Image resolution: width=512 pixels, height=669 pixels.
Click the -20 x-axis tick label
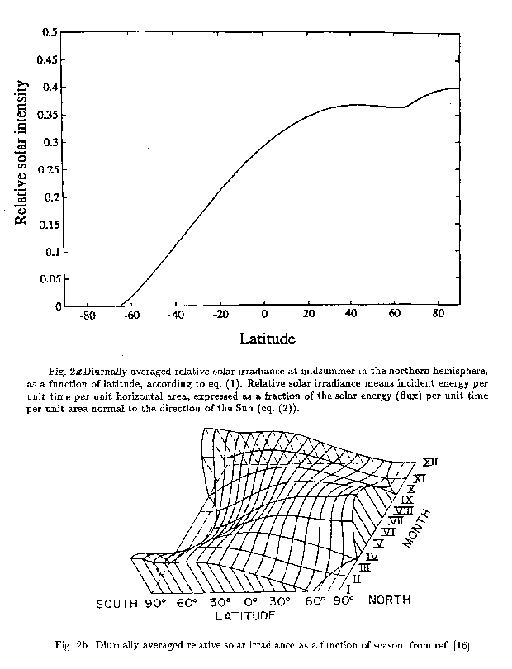[219, 316]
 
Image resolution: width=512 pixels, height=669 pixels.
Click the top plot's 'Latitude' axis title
[268, 339]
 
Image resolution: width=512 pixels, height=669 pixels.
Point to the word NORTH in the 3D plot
[390, 597]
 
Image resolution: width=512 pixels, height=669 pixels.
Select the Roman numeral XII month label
[430, 463]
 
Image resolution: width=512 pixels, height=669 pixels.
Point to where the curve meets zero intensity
[121, 306]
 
